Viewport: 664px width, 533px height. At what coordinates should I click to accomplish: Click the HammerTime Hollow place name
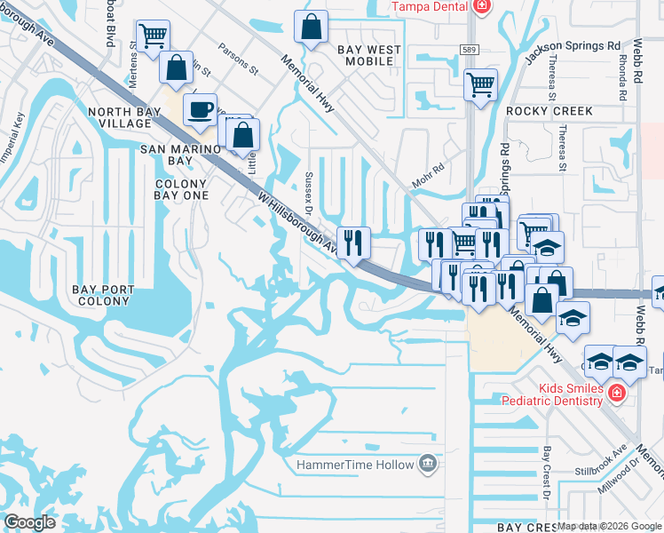pos(355,465)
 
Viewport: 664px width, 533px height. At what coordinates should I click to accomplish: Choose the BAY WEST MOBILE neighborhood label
pos(365,55)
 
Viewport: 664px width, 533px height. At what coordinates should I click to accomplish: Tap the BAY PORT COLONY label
pos(106,295)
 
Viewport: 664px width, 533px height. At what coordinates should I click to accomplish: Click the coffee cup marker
pos(200,109)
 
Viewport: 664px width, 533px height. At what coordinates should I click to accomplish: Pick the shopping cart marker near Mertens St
pos(154,36)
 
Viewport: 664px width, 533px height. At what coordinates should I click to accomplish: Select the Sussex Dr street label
pos(310,194)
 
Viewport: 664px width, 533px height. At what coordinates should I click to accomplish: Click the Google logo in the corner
pos(29,522)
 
